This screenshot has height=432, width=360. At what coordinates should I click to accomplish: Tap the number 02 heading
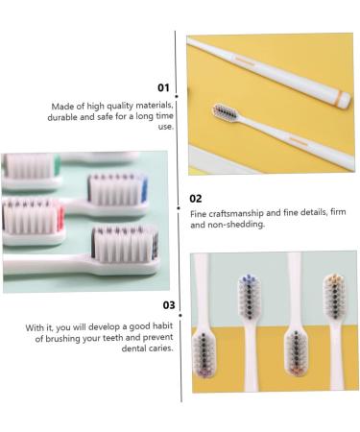(x=195, y=199)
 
